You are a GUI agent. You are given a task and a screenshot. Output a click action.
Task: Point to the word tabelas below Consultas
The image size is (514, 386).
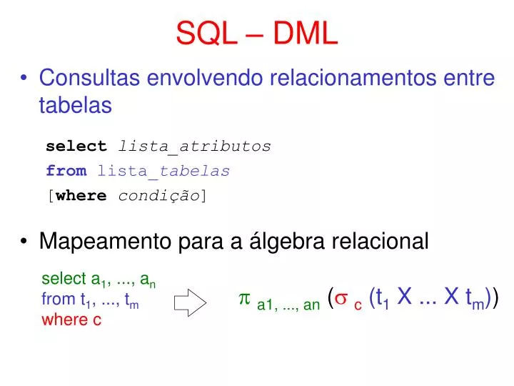[75, 105]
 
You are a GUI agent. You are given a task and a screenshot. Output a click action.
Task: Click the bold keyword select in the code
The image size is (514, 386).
[76, 147]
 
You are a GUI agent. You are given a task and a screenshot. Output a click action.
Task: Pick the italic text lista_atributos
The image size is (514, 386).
[194, 147]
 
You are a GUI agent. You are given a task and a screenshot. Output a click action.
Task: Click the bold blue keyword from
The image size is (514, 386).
[66, 171]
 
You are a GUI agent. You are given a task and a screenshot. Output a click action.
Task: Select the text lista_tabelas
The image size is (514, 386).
[163, 171]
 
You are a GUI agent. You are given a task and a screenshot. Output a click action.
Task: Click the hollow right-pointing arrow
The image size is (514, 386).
[190, 302]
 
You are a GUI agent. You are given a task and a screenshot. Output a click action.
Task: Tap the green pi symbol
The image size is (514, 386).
[243, 298]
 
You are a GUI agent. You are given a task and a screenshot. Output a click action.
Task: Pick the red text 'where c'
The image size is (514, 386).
[71, 320]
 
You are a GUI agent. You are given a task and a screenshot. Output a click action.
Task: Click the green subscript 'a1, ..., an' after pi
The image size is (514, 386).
[288, 305]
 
